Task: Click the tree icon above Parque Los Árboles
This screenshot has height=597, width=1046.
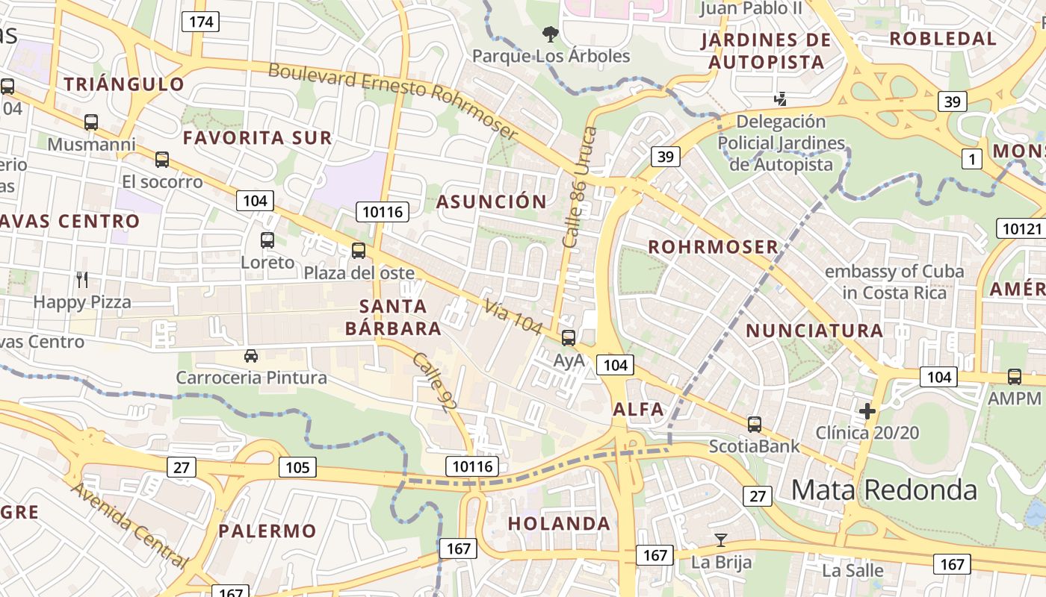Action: [551, 34]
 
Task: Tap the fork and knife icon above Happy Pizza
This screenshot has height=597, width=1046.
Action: [82, 280]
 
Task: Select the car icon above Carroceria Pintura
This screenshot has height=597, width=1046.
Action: [251, 355]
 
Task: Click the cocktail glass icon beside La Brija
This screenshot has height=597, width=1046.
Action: [721, 540]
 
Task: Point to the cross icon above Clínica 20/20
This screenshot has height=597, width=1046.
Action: [867, 410]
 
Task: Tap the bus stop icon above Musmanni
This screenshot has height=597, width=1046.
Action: [91, 122]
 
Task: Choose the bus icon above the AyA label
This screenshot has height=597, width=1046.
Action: [569, 338]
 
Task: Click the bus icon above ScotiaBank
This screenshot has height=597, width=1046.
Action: [755, 425]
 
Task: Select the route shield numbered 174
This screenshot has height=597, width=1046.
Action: [201, 22]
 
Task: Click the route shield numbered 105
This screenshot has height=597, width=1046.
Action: [297, 468]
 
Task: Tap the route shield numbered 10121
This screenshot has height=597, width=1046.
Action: [1020, 228]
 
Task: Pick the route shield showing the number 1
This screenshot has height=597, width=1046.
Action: [971, 158]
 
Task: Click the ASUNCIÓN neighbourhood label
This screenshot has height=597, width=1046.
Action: [492, 201]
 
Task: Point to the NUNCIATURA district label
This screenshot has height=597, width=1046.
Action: [814, 331]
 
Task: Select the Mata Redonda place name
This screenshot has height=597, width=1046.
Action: [884, 490]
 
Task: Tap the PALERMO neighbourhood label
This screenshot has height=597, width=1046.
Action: [267, 531]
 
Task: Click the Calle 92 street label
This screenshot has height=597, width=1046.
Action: [434, 382]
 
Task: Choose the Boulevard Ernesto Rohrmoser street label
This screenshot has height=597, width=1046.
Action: [392, 101]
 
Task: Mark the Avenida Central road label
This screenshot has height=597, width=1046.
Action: [131, 525]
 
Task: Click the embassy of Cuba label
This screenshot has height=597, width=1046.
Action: [894, 281]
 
